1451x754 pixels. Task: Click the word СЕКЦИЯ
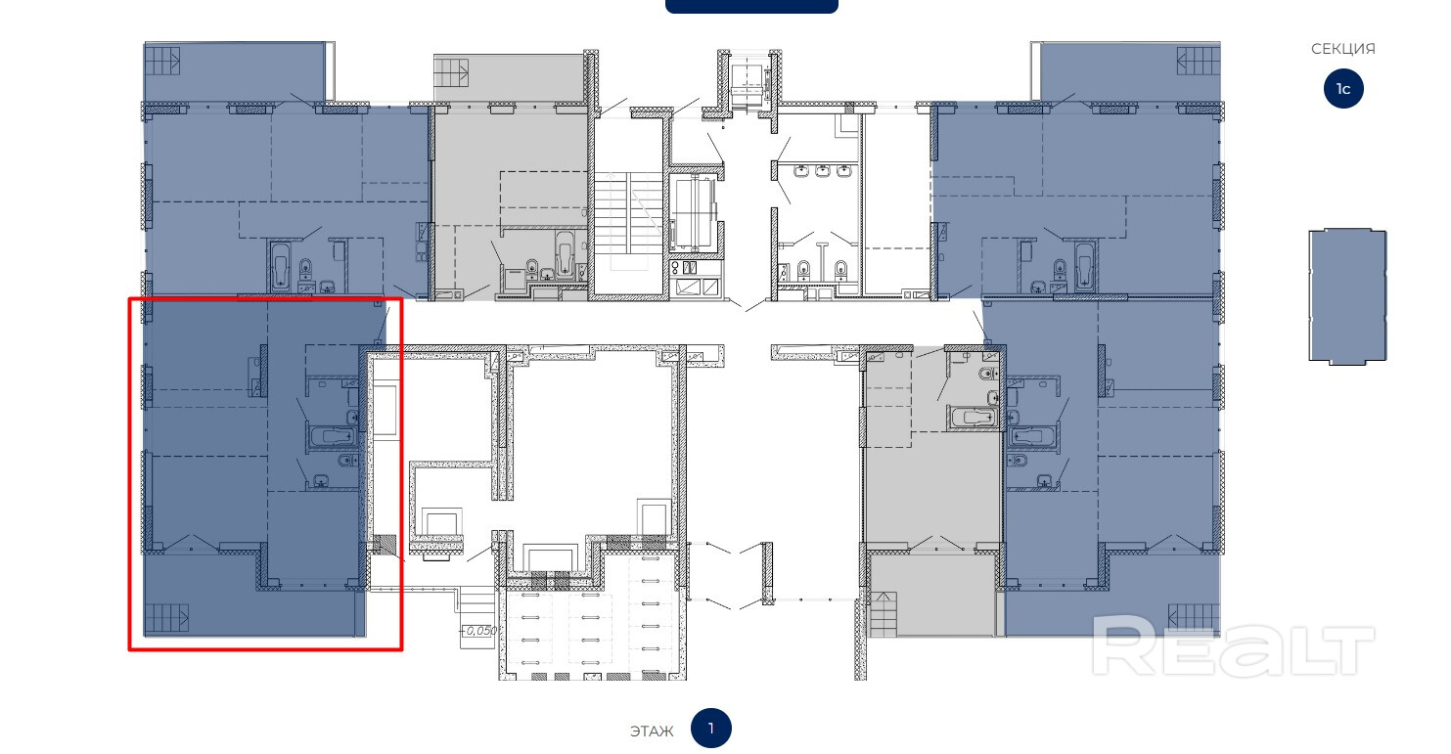(x=1342, y=49)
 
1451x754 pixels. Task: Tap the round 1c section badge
(x=1342, y=89)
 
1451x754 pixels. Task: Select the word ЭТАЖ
(x=652, y=731)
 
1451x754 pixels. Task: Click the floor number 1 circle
(x=710, y=729)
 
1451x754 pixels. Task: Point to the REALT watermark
(x=1232, y=645)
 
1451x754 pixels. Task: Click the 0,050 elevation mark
(x=479, y=631)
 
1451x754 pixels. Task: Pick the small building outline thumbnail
(x=1347, y=296)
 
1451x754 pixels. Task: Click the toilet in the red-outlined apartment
(x=348, y=461)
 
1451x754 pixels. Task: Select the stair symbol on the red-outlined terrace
(x=166, y=618)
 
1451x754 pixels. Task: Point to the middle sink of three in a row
(x=822, y=171)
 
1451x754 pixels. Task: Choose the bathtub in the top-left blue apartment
(x=281, y=265)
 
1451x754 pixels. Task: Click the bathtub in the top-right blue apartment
(x=1083, y=265)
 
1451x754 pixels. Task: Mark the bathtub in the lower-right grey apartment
(x=973, y=417)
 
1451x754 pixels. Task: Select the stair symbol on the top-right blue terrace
(x=1199, y=61)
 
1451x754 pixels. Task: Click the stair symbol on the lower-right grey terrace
(x=883, y=613)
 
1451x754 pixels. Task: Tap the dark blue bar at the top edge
(x=751, y=7)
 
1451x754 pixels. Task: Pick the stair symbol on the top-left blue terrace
(x=162, y=61)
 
